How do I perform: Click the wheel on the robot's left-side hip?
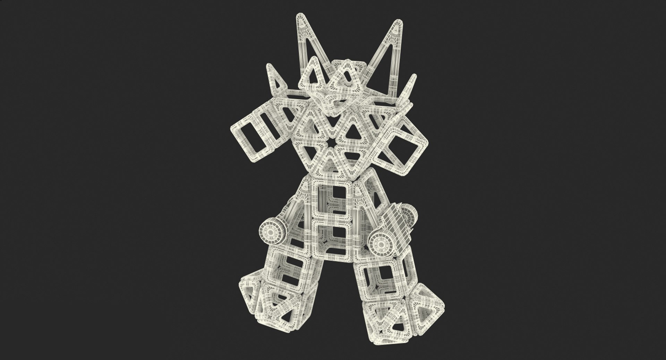pos(270,230)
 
